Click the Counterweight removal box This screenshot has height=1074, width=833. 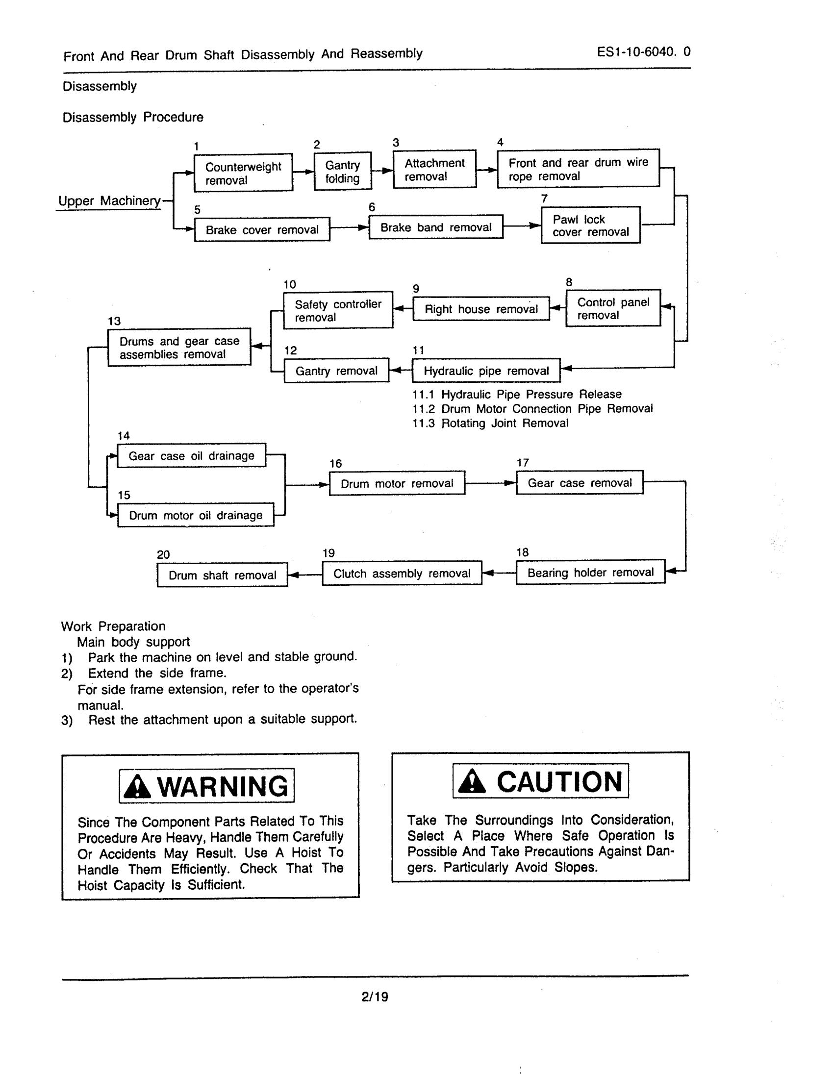point(243,173)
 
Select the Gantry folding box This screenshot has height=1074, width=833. point(342,171)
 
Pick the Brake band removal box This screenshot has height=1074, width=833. point(436,227)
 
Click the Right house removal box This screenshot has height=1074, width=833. point(481,309)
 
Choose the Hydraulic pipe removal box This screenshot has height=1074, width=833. point(486,371)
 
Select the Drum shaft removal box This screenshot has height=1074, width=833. point(222,575)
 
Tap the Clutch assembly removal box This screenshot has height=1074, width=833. point(402,574)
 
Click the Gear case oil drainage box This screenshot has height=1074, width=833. point(191,456)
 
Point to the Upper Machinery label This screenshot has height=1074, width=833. point(109,200)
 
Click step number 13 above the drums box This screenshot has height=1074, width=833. point(114,321)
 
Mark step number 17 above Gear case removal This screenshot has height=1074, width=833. point(523,463)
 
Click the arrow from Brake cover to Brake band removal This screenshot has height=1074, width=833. point(349,227)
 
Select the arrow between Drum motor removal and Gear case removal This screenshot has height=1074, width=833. point(490,483)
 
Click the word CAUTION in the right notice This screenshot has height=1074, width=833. point(559,781)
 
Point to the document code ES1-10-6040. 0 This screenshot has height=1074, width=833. point(643,51)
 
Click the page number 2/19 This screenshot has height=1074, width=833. point(375,997)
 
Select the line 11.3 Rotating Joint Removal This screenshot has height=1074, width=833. point(490,424)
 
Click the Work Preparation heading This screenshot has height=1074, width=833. point(113,626)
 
